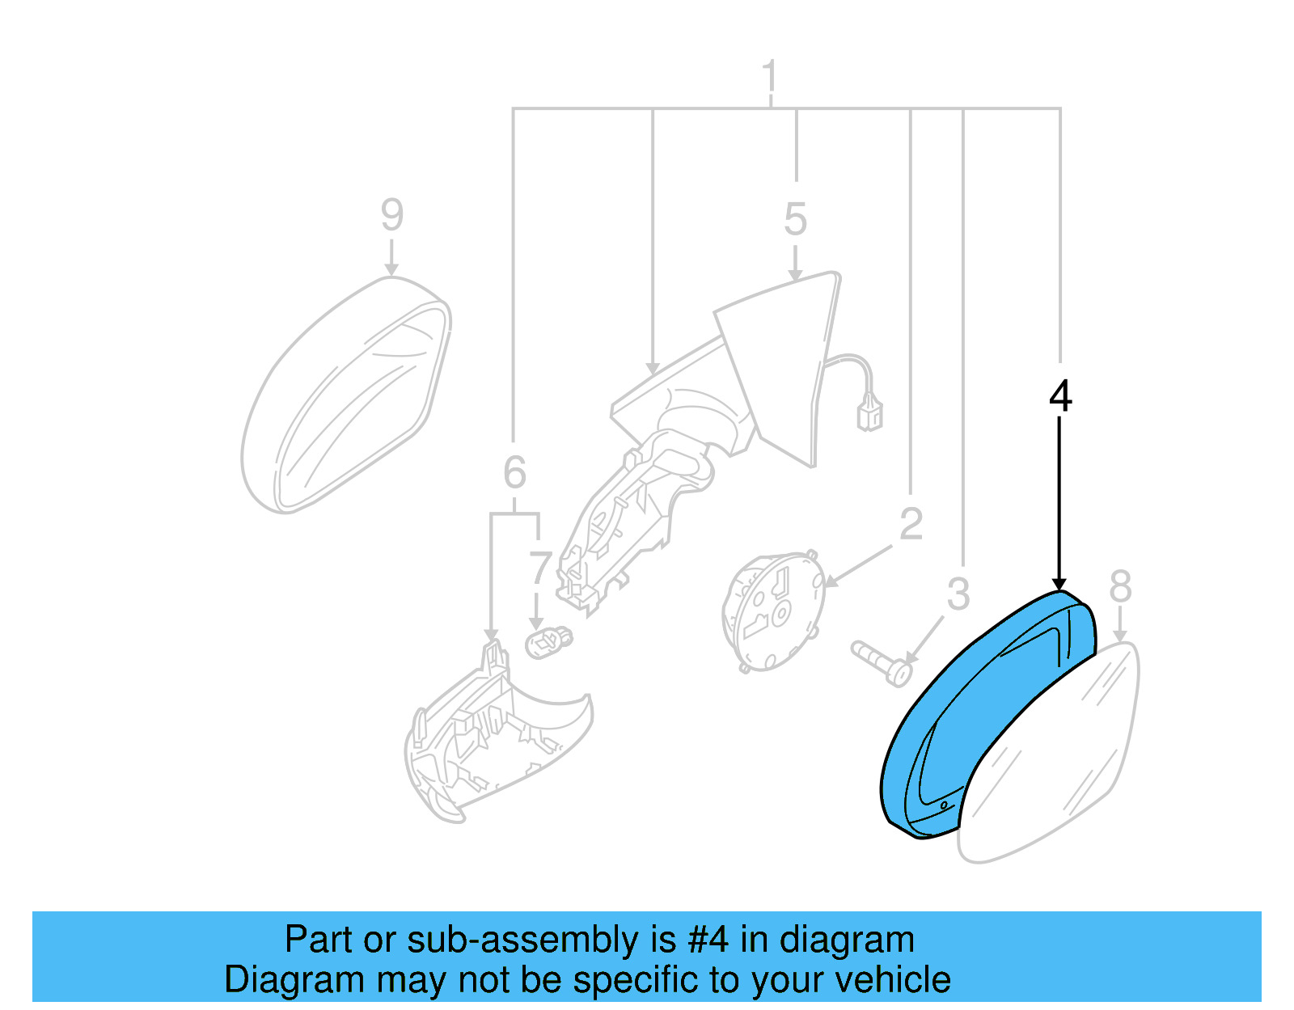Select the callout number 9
391,215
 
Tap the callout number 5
795,219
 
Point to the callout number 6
514,472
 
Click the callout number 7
539,568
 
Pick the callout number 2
911,524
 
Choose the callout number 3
958,594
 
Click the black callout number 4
1059,396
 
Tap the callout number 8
1120,585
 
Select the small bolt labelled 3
881,662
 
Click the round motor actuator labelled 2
772,611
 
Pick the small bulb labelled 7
548,644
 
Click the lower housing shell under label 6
485,744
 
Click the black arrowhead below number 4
1059,584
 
